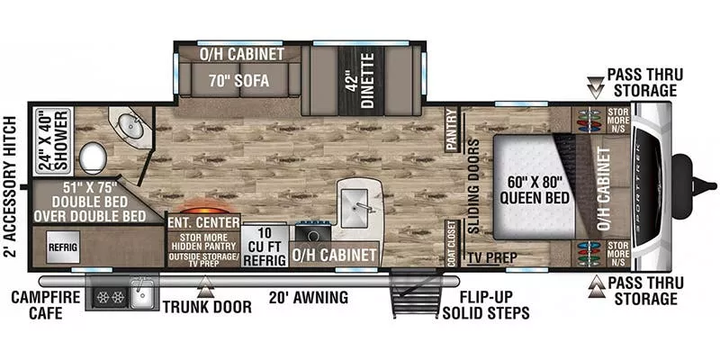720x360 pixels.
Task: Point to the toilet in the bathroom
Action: tap(93, 159)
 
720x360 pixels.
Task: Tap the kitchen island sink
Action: tap(362, 203)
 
